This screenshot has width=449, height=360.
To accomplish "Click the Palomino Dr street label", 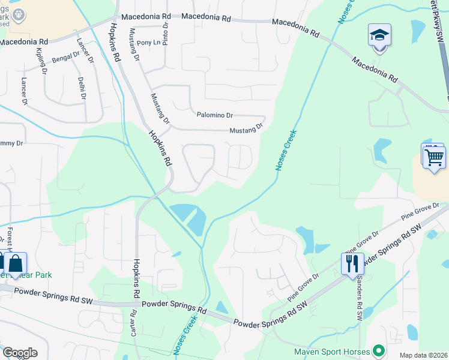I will (x=214, y=115).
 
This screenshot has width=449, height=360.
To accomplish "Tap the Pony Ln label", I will (x=149, y=43).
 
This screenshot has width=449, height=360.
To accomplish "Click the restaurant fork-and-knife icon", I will (x=352, y=263).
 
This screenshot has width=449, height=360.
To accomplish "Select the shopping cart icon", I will (x=434, y=157).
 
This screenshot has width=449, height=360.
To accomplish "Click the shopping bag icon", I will (x=16, y=263).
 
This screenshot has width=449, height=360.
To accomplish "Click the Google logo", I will (x=20, y=352).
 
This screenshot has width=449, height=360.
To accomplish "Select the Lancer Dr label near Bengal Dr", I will (x=86, y=50).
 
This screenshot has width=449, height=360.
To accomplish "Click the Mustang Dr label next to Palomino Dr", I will (x=246, y=130).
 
